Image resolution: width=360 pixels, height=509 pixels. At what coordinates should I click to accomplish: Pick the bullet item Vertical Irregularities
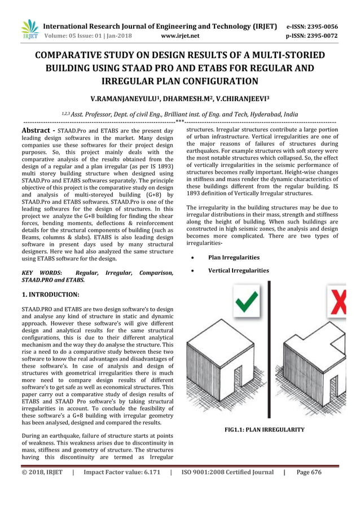point(238,270)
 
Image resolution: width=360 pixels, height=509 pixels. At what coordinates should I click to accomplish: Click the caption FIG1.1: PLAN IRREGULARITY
point(265,430)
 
